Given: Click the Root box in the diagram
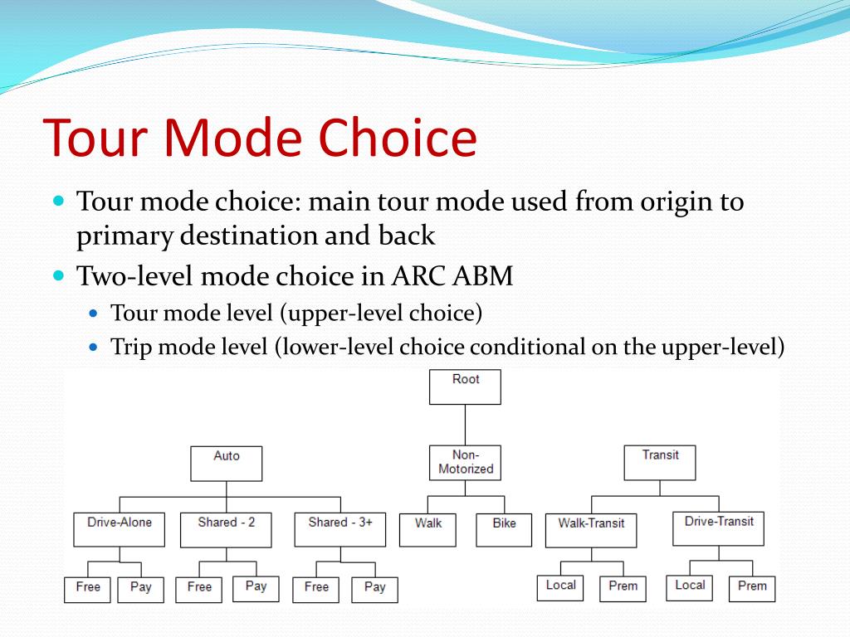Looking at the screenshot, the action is (x=465, y=387).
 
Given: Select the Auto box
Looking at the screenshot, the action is (x=226, y=464).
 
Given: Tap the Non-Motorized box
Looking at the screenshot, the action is (x=465, y=463).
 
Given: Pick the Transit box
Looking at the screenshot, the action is (x=660, y=463).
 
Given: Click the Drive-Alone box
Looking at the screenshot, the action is (x=120, y=530).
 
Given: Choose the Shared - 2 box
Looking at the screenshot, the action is (x=226, y=530).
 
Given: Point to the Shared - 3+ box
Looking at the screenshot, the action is (x=340, y=530).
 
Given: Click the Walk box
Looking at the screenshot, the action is (x=427, y=530).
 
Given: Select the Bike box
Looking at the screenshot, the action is (x=504, y=530).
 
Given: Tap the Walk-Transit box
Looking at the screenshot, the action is (x=591, y=530).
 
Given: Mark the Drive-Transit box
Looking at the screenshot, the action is (x=718, y=528).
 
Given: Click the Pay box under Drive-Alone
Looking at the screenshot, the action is (x=141, y=591).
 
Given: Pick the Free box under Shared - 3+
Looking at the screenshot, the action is (x=316, y=591).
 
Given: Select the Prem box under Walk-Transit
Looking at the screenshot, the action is (x=623, y=589).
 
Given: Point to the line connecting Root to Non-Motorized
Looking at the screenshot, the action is (x=465, y=425).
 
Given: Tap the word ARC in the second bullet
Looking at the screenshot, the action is (x=419, y=275).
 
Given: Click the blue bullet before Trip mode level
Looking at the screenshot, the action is (x=94, y=347).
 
